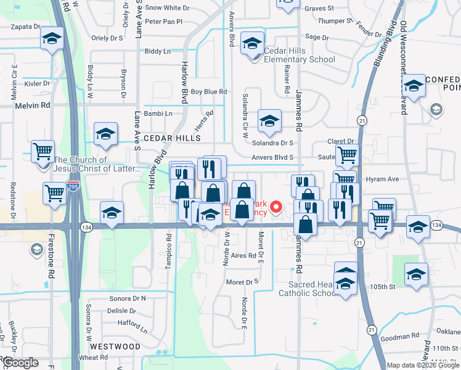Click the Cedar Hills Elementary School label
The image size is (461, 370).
click(x=300, y=55)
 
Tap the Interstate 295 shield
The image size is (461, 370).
click(x=73, y=184)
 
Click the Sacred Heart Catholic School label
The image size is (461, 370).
click(x=314, y=289)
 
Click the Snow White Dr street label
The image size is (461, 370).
click(x=167, y=8)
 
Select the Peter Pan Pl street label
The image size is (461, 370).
click(x=163, y=22)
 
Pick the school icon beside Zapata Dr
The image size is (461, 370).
click(x=52, y=39)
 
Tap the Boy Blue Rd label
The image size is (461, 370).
click(x=209, y=92)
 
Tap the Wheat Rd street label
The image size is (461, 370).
click(x=94, y=358)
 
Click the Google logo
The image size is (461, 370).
click(x=20, y=363)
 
